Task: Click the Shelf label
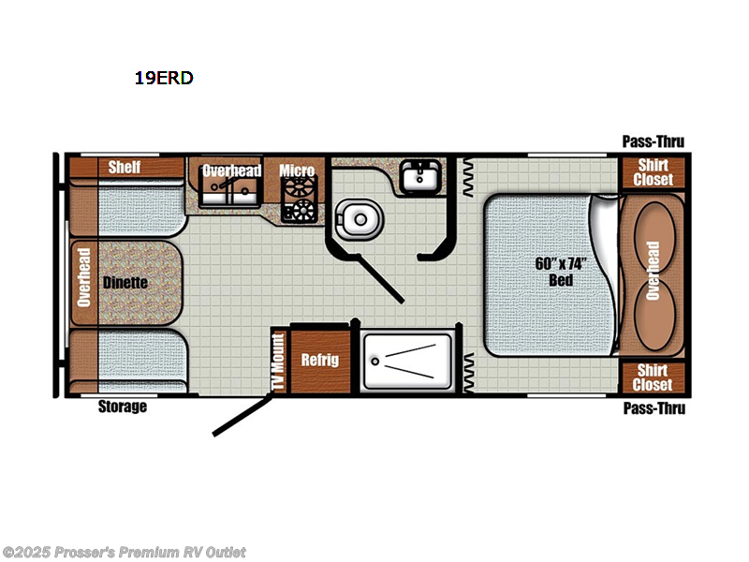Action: point(125,168)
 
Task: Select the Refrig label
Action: point(319,360)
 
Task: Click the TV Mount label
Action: point(277,361)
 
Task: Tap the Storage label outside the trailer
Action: point(123,407)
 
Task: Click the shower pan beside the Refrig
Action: point(409,360)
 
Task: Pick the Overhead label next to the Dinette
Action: point(83,278)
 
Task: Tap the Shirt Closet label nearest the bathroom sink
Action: point(654,172)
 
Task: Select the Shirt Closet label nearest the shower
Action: point(654,377)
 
